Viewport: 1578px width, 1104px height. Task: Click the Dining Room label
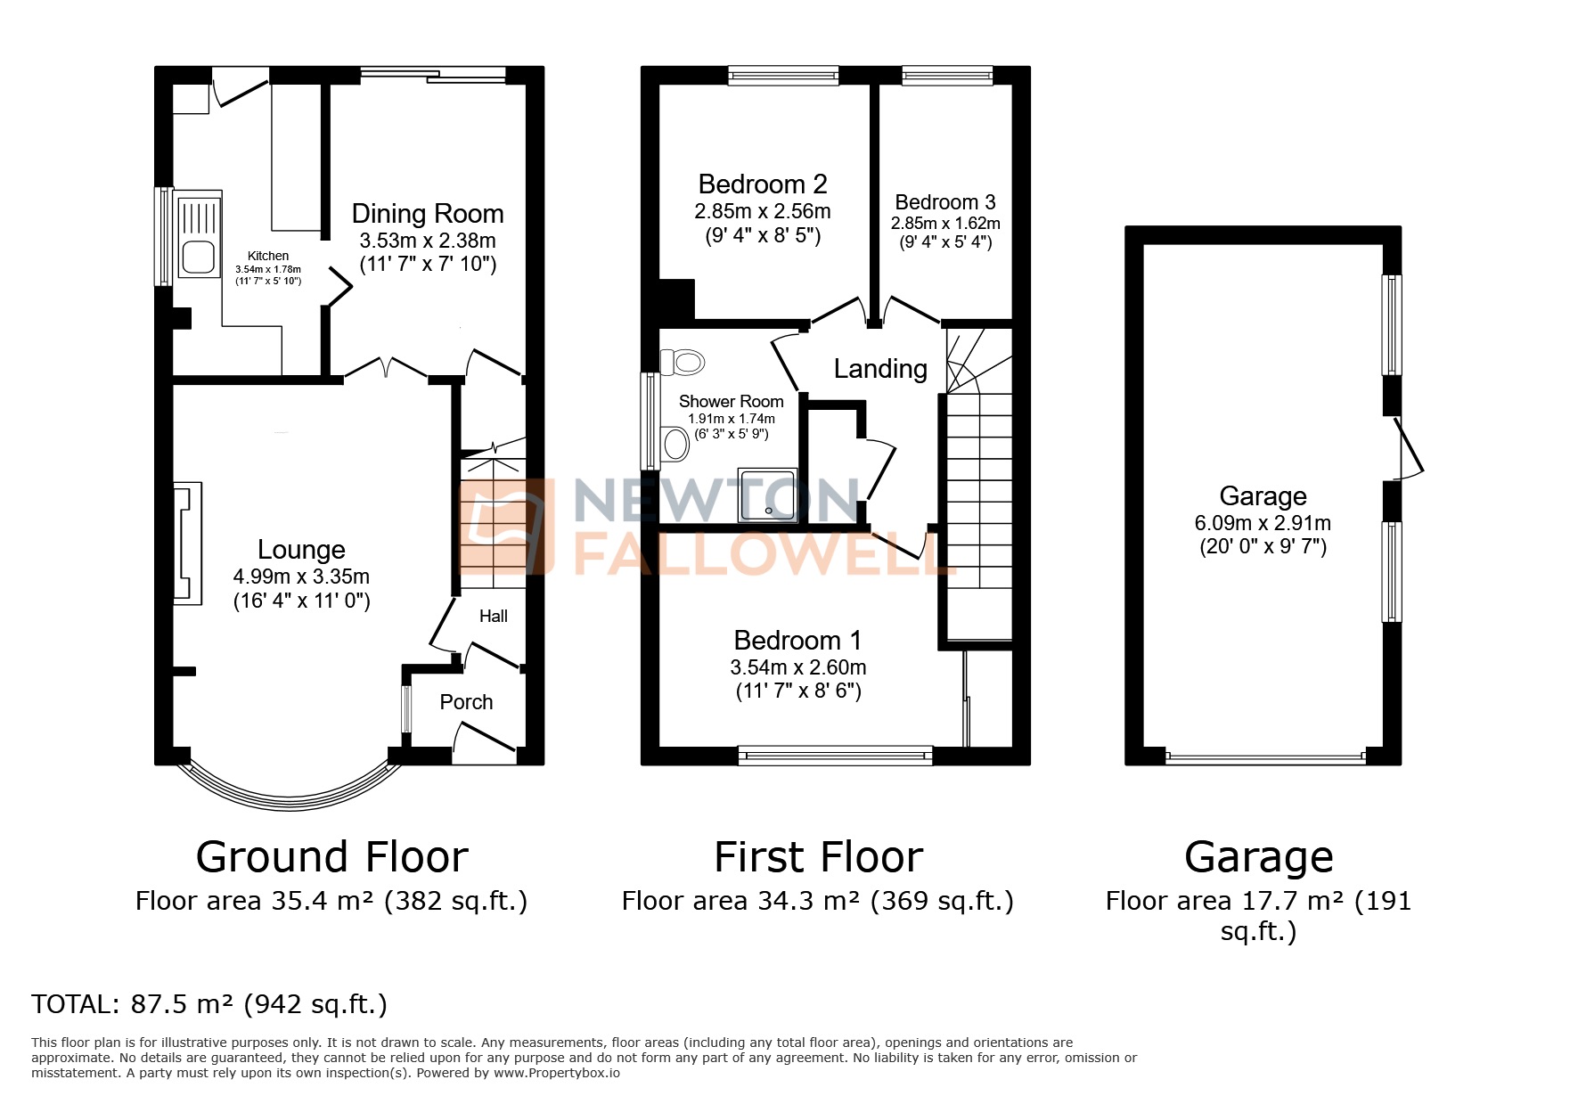point(428,214)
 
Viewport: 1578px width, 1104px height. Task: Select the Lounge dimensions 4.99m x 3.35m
point(301,577)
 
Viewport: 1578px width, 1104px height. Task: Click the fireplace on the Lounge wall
point(186,544)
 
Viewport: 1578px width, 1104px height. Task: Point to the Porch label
point(466,702)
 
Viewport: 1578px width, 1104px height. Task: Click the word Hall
point(494,616)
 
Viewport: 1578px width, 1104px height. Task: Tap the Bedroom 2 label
point(763,184)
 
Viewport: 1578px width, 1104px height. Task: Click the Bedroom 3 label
point(945,202)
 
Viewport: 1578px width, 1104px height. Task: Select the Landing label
point(880,369)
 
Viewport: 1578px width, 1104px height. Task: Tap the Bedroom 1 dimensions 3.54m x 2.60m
point(798,667)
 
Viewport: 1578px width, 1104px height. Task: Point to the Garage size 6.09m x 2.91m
point(1263,523)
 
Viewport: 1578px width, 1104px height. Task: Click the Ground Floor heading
point(331,857)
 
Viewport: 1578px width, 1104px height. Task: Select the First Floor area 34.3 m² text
point(817,902)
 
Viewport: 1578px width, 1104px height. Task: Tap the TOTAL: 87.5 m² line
point(209,1004)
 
